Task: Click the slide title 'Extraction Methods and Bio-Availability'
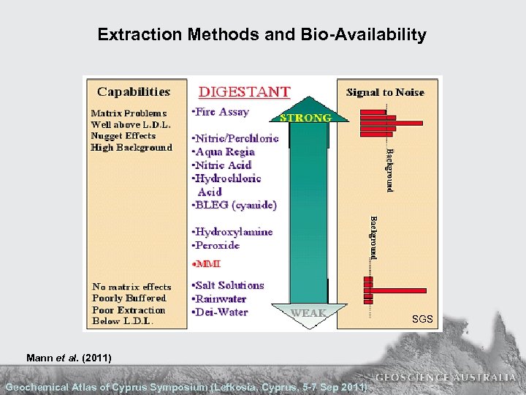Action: [x=262, y=34]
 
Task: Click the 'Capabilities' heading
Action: [x=134, y=92]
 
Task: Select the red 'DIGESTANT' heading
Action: [x=245, y=92]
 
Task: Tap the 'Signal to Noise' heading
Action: [x=385, y=92]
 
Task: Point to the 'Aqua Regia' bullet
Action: [x=225, y=152]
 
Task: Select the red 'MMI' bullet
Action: [x=207, y=263]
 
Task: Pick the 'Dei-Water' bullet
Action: [x=222, y=312]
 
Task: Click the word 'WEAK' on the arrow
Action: [x=309, y=312]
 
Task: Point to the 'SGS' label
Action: [x=422, y=320]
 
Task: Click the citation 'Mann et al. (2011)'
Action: [x=68, y=358]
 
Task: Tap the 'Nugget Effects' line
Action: [x=123, y=136]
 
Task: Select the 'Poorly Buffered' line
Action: [x=129, y=298]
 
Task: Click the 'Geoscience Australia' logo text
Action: [x=446, y=378]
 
